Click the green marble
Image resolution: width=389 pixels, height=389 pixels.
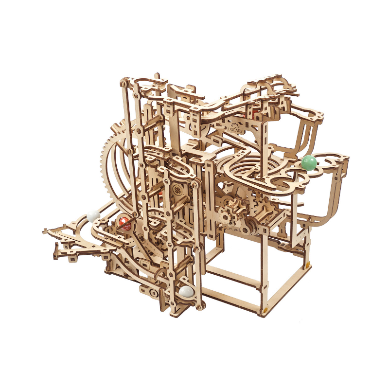pyautogui.click(x=309, y=162)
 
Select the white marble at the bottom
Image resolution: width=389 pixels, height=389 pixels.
pyautogui.click(x=187, y=291)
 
